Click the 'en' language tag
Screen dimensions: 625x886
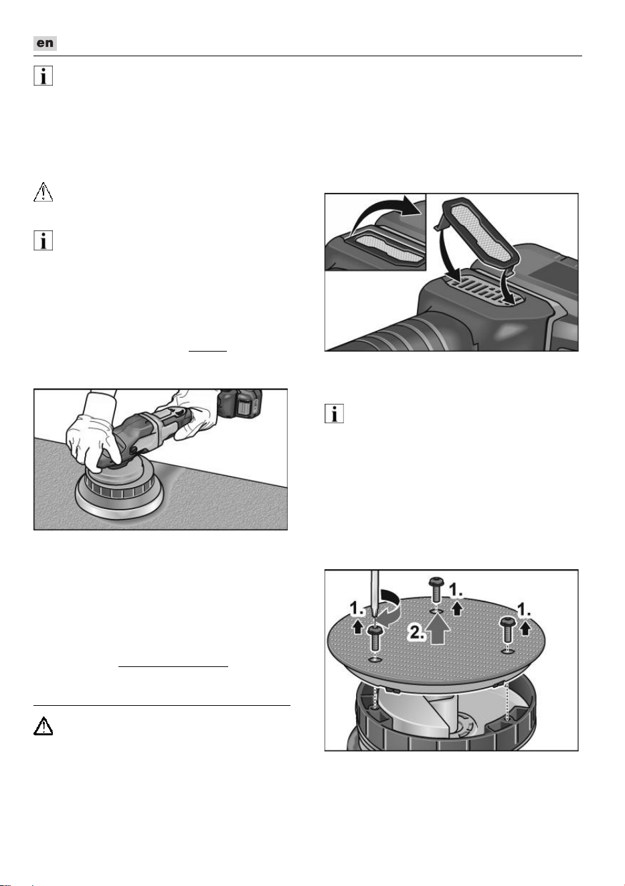click(x=45, y=43)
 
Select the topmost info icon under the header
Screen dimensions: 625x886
click(x=43, y=76)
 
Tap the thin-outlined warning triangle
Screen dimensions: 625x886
click(x=43, y=192)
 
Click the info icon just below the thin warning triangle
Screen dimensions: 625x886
click(x=43, y=240)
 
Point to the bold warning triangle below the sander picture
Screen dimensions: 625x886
click(x=43, y=726)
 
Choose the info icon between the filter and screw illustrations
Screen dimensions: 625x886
click(x=334, y=413)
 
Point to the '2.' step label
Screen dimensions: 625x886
click(x=417, y=632)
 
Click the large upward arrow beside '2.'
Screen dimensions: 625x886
click(x=438, y=630)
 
